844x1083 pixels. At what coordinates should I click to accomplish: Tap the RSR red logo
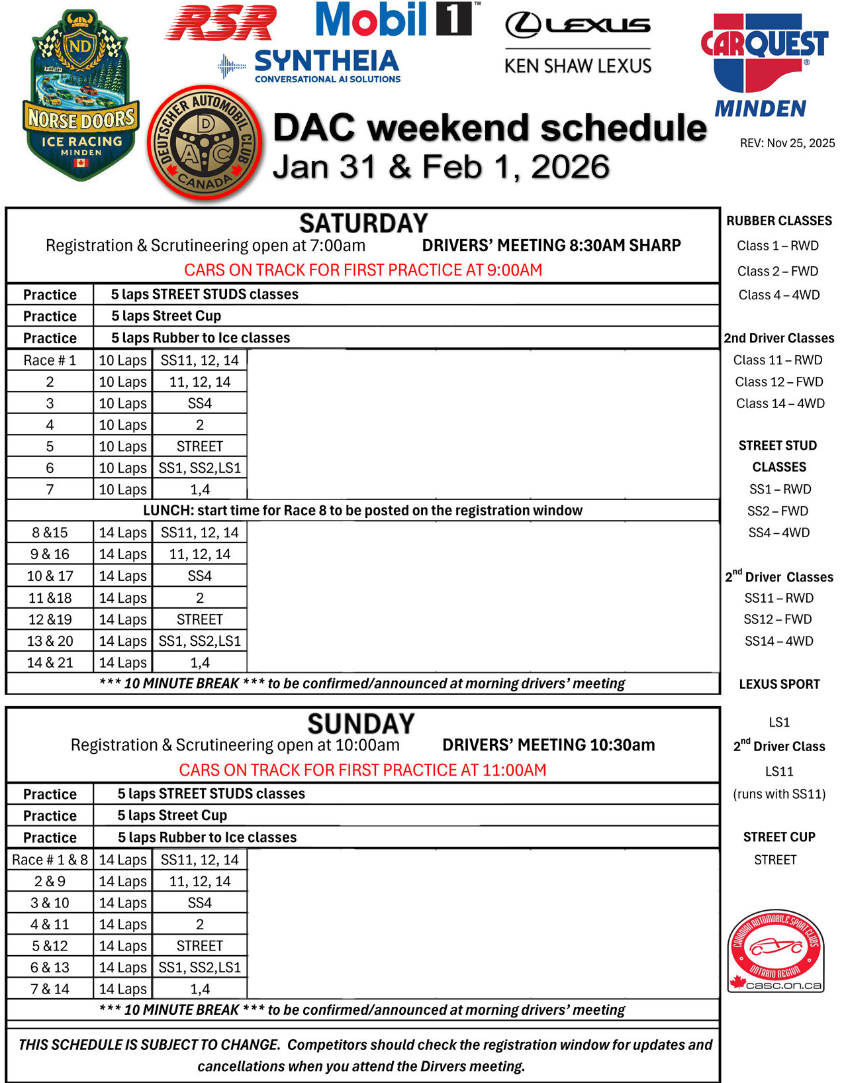click(x=221, y=24)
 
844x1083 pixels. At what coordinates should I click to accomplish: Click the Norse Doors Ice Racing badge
click(x=80, y=97)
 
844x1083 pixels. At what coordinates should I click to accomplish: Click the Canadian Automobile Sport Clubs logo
click(x=776, y=951)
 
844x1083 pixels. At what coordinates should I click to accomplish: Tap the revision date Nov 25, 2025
click(x=787, y=143)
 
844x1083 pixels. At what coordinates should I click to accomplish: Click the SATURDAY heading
click(x=363, y=223)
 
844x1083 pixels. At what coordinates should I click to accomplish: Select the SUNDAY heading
click(x=361, y=723)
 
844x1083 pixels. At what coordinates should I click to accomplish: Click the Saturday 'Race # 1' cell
click(x=50, y=360)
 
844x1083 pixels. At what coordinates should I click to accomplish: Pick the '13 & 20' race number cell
click(x=50, y=641)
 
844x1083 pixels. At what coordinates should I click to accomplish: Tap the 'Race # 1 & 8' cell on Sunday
click(x=50, y=860)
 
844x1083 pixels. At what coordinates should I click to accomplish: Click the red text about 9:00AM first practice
click(x=363, y=270)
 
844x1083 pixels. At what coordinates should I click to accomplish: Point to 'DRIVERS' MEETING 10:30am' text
click(x=548, y=745)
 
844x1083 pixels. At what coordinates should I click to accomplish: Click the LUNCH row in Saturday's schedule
click(x=363, y=511)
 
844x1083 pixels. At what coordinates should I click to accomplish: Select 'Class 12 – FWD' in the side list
click(x=779, y=382)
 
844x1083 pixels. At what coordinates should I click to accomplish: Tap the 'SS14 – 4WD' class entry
click(x=779, y=641)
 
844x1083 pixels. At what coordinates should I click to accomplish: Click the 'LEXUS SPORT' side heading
click(x=779, y=684)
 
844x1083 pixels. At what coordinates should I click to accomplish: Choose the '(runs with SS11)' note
click(x=779, y=794)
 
